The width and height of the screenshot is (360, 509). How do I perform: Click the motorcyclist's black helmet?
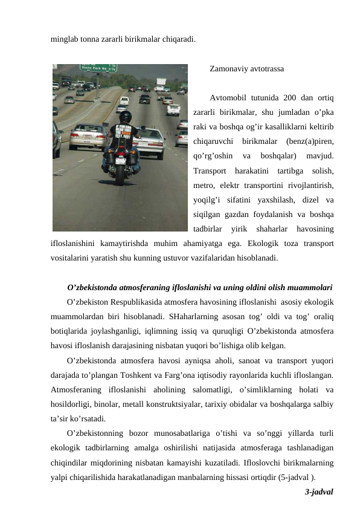(125, 117)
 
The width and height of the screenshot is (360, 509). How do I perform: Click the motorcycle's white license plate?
(120, 161)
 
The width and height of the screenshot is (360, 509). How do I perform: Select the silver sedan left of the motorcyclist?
(88, 136)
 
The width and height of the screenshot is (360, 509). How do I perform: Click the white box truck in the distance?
(161, 82)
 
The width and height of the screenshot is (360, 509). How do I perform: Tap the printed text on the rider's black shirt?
(124, 134)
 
